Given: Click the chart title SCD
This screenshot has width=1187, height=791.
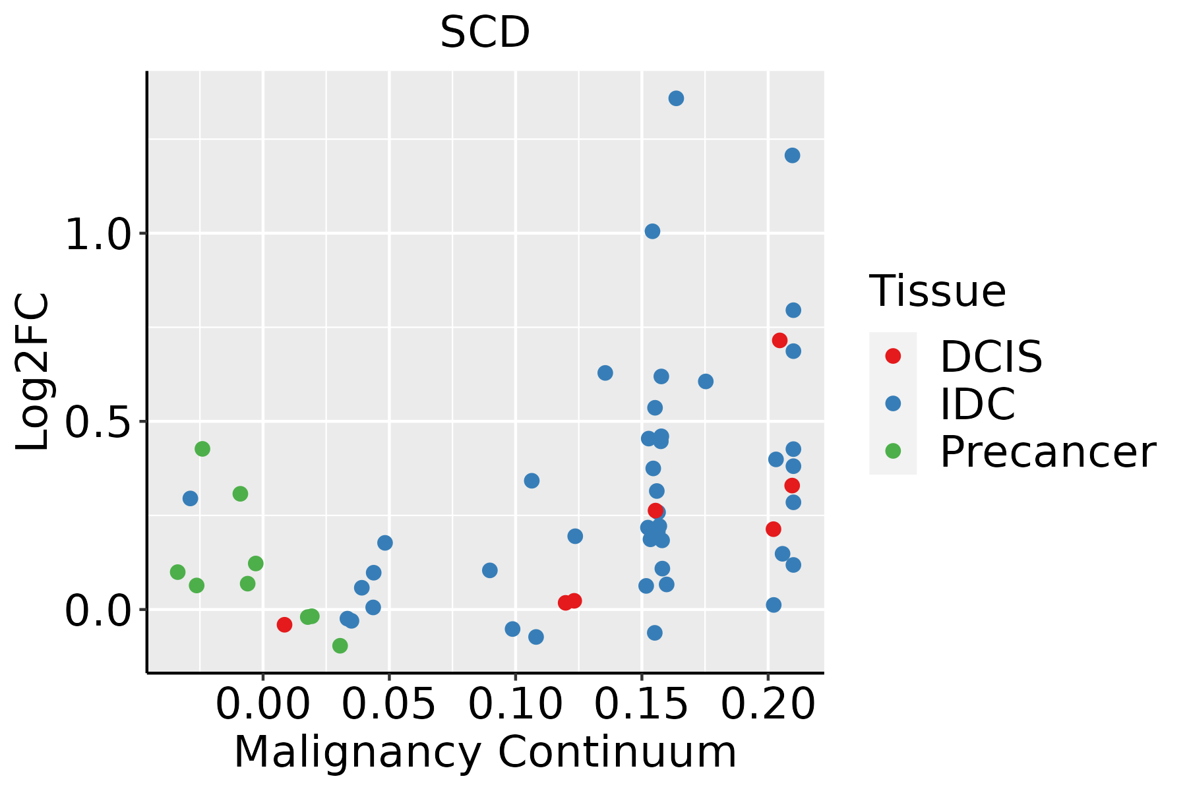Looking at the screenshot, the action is pos(485,32).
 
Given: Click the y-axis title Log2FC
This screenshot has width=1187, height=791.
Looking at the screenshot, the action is pos(33,372).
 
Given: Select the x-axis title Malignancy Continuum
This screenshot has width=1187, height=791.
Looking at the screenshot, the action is pos(485,753).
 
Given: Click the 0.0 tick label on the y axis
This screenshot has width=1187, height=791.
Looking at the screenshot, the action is pos(100,610).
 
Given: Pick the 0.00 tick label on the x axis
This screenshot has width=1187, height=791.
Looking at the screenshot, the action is pos(263,704).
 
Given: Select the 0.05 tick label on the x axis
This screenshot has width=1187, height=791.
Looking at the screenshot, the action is pos(389,704).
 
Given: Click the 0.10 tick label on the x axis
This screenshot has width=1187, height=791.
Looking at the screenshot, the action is pos(516,704).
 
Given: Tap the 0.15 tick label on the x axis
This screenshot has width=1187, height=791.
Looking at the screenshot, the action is pos(642,704).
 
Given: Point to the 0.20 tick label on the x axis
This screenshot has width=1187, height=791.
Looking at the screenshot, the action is pos(768,704).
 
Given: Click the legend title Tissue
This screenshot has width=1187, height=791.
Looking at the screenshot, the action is pos(937,291).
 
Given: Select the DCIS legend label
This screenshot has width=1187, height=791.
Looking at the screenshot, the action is pos(991,357).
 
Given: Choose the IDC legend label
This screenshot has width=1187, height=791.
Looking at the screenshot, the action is pos(977,404).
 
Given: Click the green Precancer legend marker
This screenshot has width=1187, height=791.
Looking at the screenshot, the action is pos(893,451).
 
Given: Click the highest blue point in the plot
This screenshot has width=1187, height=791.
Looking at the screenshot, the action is pos(676,98).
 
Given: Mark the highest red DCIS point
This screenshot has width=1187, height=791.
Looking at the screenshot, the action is pos(779,340).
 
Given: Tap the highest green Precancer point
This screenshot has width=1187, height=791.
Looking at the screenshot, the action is pos(202,449).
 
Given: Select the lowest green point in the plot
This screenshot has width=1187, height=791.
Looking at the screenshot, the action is pos(340,645).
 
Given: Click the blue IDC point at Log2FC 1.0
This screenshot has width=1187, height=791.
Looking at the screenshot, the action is pos(652,231).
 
